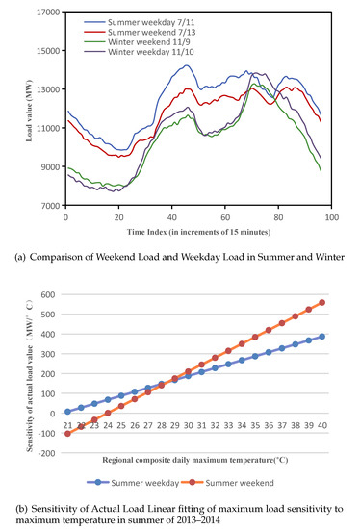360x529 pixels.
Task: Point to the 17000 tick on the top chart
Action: pyautogui.click(x=44, y=13)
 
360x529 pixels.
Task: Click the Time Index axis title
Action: pyautogui.click(x=198, y=233)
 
